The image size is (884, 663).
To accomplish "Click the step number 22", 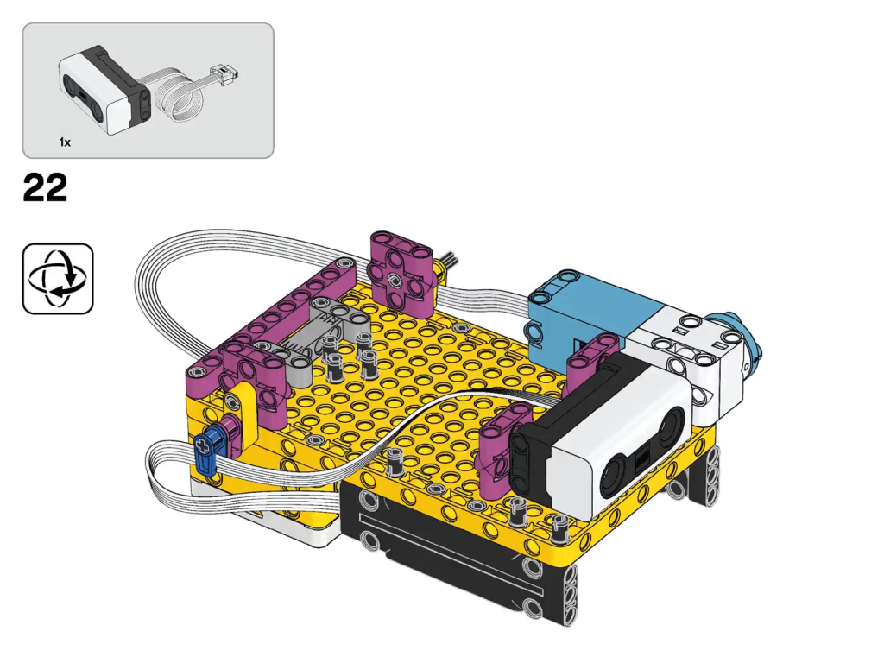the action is [x=45, y=187].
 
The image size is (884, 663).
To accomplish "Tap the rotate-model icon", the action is [x=58, y=279].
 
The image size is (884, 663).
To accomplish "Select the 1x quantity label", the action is [x=66, y=142].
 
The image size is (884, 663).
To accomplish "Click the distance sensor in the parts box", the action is [x=105, y=90].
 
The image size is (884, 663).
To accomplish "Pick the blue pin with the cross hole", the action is [x=207, y=451].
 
